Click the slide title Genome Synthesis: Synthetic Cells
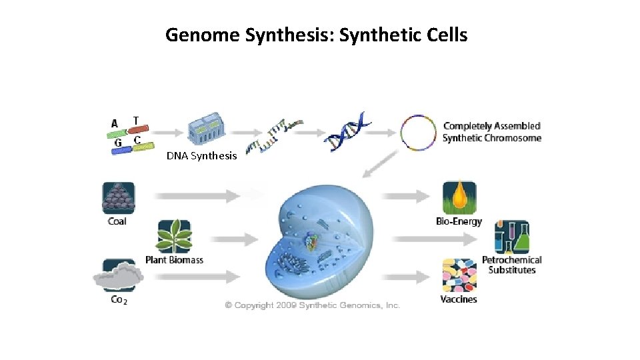tap(316, 35)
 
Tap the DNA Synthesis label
tap(201, 156)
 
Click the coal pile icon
tap(118, 197)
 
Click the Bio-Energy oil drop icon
tap(459, 197)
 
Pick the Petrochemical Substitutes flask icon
tap(511, 237)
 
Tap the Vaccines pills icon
tap(459, 275)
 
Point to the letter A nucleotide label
tap(115, 123)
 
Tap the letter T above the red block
tap(136, 121)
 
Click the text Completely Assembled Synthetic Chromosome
tap(492, 132)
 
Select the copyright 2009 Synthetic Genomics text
tap(312, 305)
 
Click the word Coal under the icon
tap(117, 221)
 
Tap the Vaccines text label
tap(459, 299)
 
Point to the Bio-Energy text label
tap(459, 221)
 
